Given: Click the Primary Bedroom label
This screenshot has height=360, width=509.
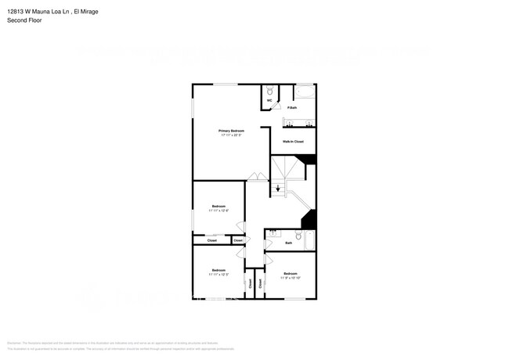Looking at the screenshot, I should [231, 130].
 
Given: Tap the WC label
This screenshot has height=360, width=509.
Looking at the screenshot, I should [269, 101].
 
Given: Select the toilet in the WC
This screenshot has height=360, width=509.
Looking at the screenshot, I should [269, 92].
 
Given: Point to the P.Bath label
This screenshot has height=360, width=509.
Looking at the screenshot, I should [292, 107].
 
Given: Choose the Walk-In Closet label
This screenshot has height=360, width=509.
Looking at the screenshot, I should [293, 142].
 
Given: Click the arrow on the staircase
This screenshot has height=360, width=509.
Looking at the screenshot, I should [278, 188].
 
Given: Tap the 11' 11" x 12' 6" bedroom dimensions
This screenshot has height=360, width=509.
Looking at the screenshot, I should [218, 211].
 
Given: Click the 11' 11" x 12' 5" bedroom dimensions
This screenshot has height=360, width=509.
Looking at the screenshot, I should [218, 275].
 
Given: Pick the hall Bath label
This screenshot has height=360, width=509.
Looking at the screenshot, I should [288, 243].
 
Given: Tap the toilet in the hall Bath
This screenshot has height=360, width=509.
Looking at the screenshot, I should [298, 235].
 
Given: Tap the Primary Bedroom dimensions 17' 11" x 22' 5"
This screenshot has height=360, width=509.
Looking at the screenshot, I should [231, 135].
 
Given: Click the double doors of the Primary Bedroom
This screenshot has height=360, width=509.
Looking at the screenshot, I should [255, 178].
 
